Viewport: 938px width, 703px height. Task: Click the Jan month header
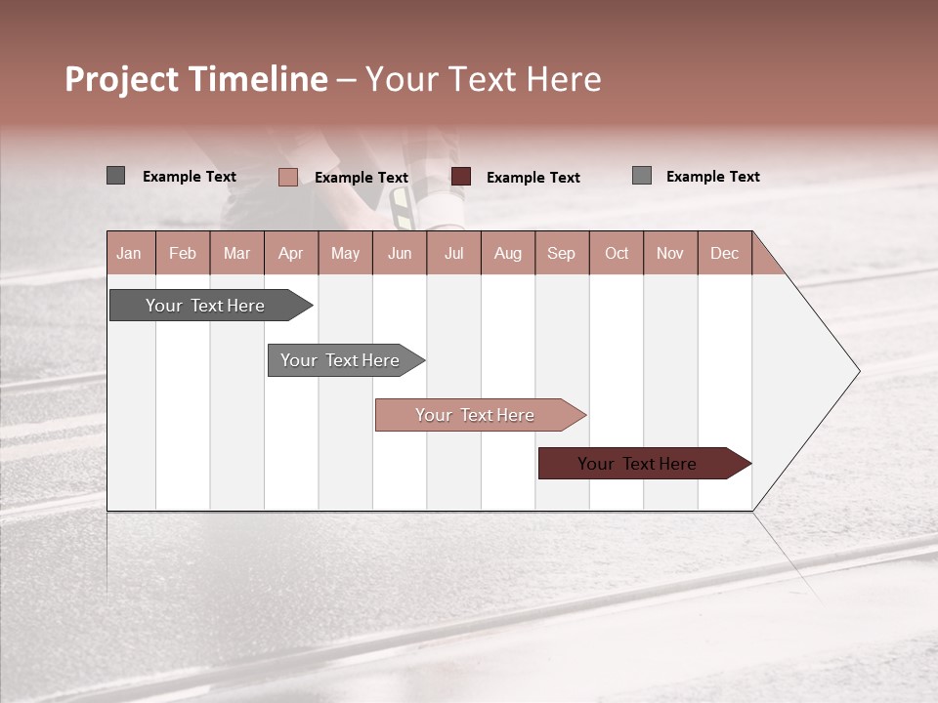129,253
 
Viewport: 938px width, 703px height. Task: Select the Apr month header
290,253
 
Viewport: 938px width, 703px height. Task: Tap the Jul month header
453,253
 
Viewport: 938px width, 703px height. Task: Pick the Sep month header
561,253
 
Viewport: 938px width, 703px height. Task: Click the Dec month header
724,253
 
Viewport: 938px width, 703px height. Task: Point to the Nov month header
669,253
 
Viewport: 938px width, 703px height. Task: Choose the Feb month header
183,253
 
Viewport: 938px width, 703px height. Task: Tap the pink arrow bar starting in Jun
476,415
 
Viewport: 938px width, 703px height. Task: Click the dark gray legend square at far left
115,176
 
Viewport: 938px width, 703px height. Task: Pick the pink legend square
287,177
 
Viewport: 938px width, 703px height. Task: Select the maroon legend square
461,177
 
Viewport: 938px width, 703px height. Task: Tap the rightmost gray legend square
641,176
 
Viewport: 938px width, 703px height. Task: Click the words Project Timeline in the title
195,79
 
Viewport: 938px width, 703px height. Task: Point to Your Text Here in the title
483,79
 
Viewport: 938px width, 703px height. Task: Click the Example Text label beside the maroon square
533,178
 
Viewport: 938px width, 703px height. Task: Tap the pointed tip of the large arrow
856,370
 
